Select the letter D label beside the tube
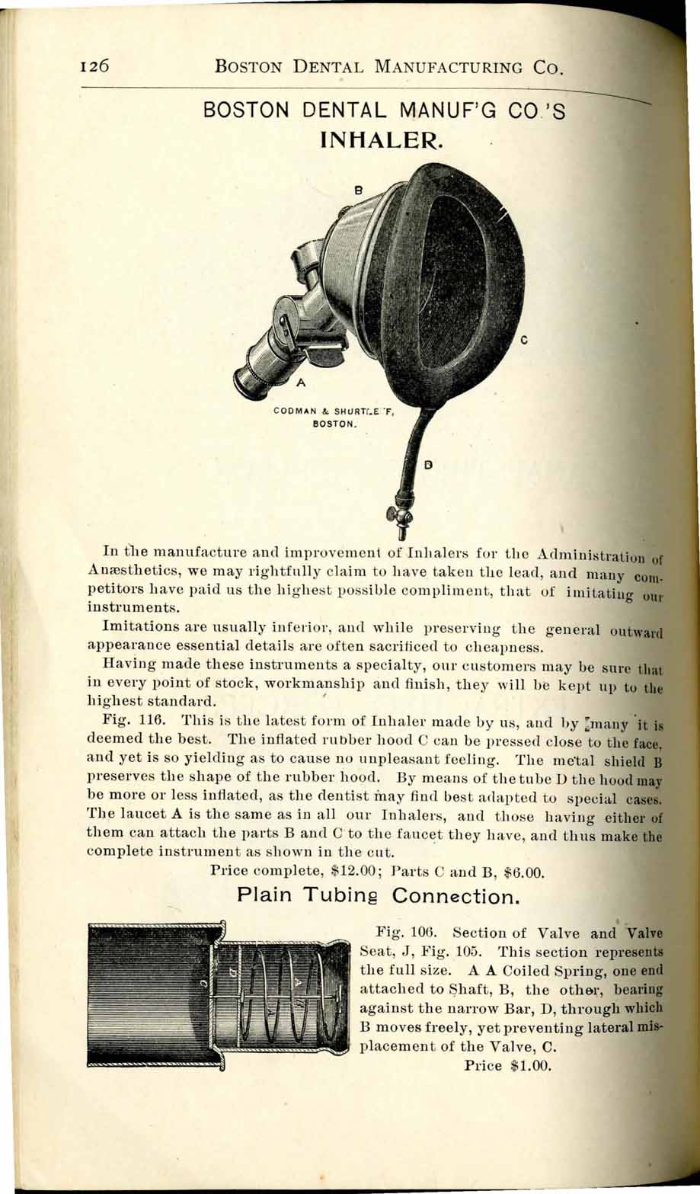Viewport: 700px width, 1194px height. (x=428, y=463)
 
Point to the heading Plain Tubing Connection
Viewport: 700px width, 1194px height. (x=379, y=897)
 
